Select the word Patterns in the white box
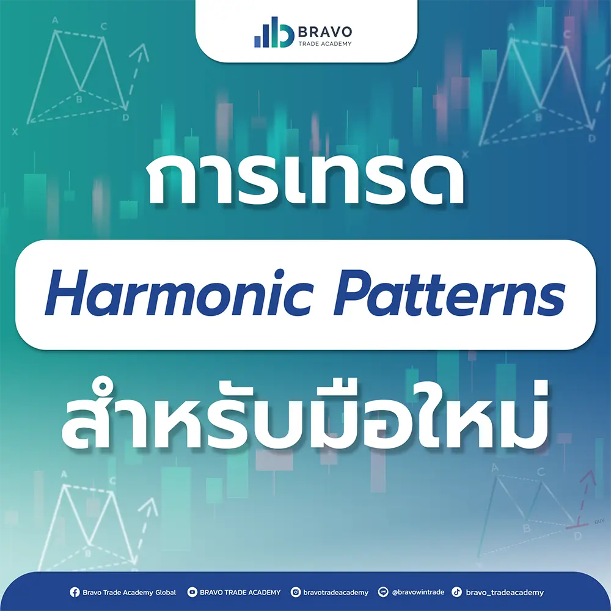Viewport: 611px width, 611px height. coord(451,295)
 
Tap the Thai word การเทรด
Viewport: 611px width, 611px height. coord(305,183)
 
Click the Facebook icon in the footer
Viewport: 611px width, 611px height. coord(75,592)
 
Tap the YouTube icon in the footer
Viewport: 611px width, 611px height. coord(192,592)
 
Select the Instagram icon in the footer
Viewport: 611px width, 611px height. coord(296,592)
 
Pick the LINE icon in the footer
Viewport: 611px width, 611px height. coord(384,592)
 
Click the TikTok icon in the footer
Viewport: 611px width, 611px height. coord(456,592)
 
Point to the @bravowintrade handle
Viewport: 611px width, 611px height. coord(418,592)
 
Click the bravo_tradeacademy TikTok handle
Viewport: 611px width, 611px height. coord(504,592)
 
